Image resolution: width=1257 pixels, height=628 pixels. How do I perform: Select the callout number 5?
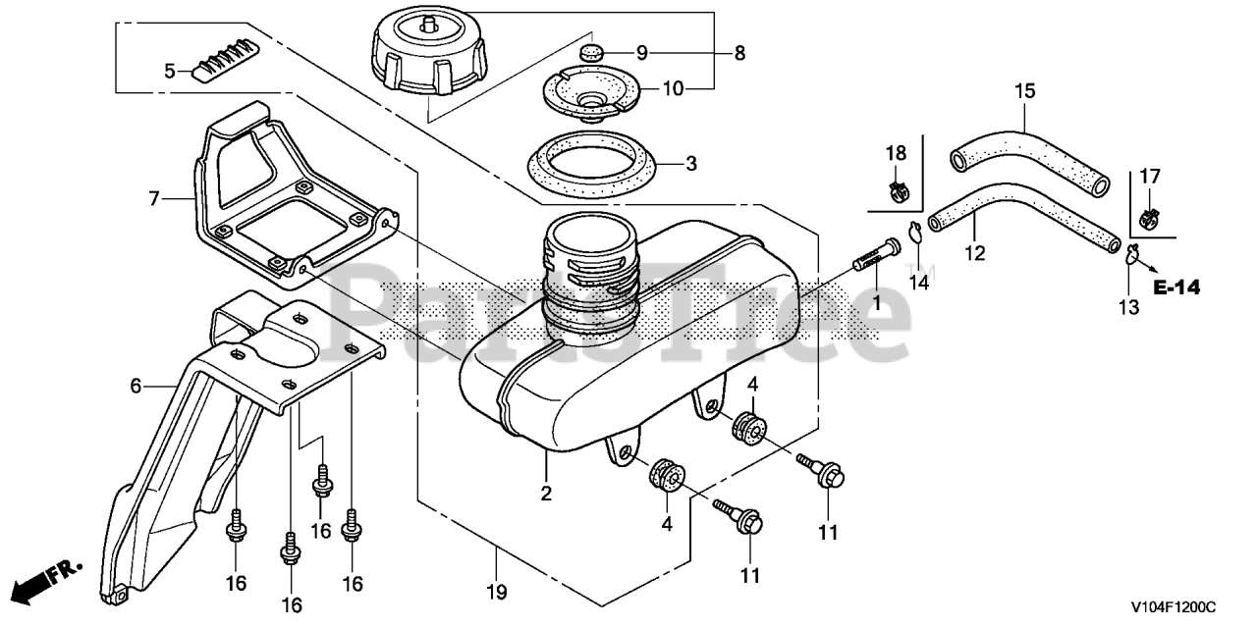click(169, 71)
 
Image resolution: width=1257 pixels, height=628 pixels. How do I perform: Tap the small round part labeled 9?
click(589, 52)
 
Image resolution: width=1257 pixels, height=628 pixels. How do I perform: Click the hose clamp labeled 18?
click(896, 185)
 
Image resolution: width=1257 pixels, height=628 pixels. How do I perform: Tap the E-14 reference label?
click(1177, 288)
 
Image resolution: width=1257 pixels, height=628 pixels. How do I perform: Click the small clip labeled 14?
click(918, 235)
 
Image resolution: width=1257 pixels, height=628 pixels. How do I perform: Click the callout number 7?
click(153, 199)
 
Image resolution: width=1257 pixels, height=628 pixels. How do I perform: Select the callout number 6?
click(137, 386)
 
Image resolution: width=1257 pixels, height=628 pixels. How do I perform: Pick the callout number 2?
click(546, 493)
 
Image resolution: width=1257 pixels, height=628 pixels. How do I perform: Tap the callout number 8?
click(738, 52)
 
